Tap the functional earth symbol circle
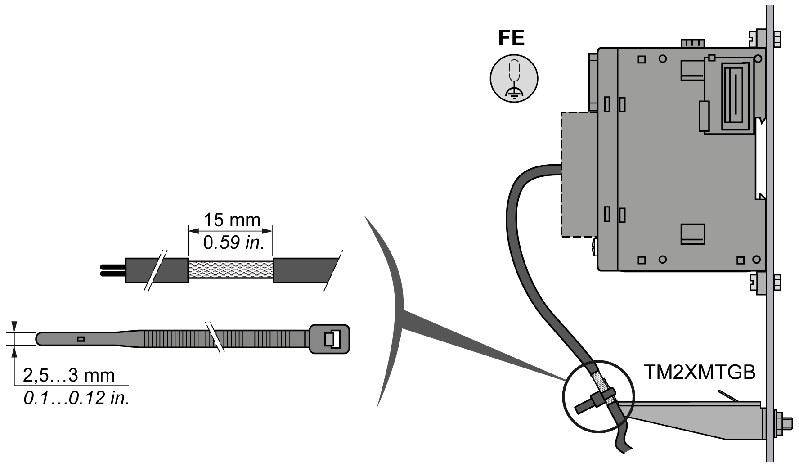coord(514,79)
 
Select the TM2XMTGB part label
coord(700,373)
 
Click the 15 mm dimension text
coord(232,220)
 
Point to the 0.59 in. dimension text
coord(233,243)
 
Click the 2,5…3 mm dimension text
coord(69,375)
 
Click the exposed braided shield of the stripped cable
coord(230,270)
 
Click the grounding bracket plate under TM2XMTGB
coord(702,418)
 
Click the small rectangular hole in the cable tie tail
coord(81,339)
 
